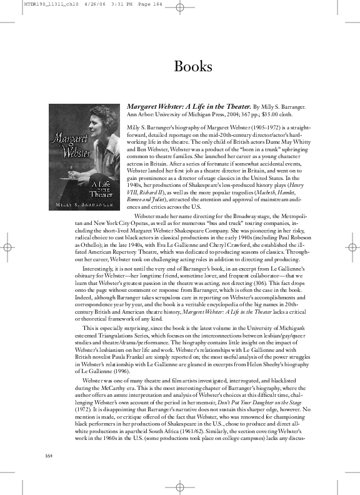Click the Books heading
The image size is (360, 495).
193,66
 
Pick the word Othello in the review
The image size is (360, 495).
80,246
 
